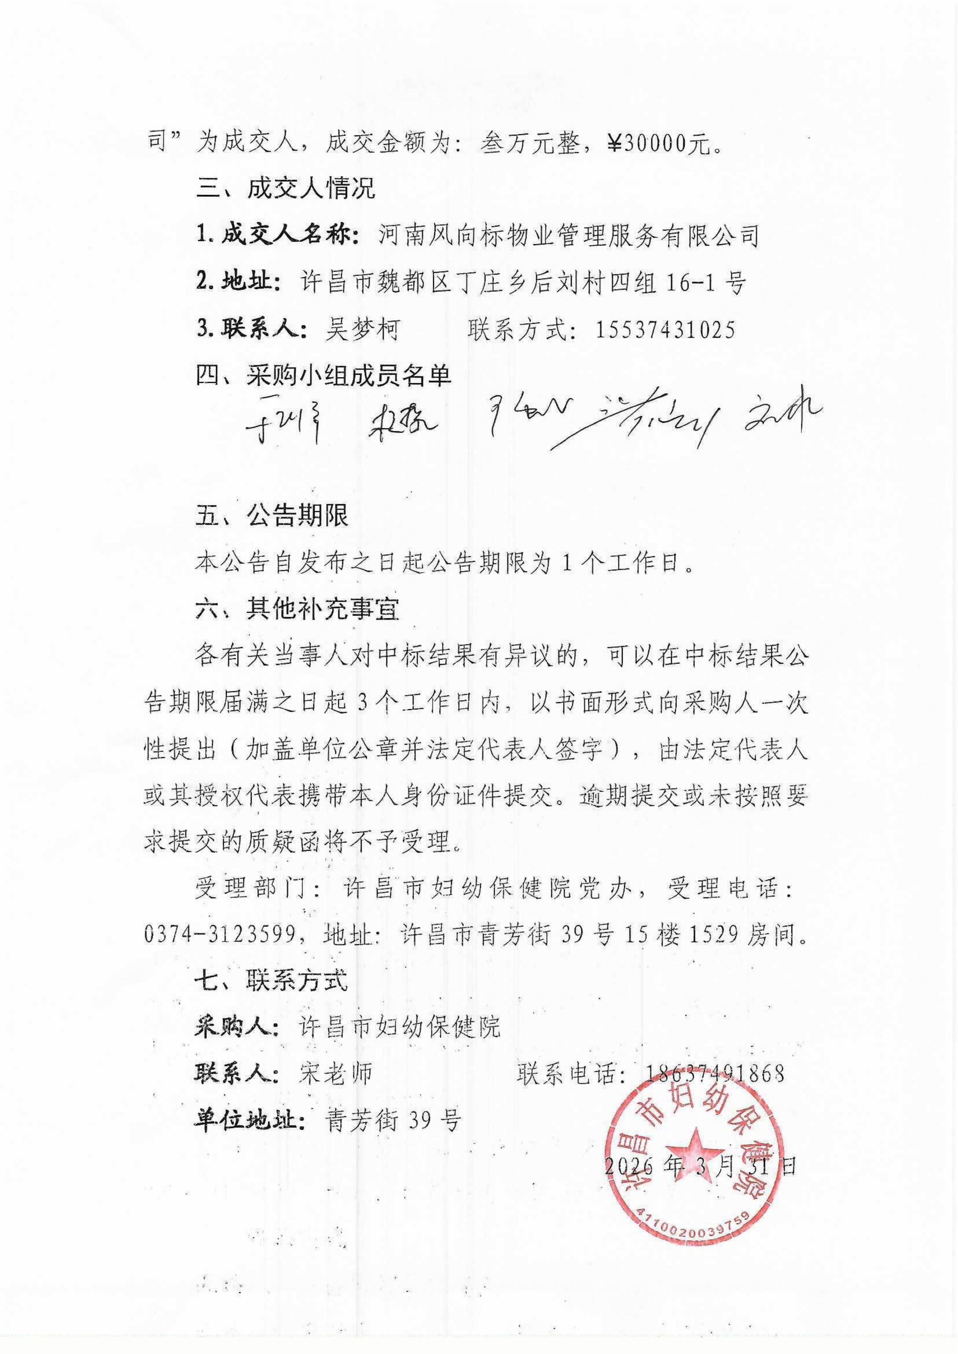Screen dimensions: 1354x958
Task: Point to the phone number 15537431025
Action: click(x=665, y=329)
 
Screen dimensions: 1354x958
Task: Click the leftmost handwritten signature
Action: click(x=283, y=426)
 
